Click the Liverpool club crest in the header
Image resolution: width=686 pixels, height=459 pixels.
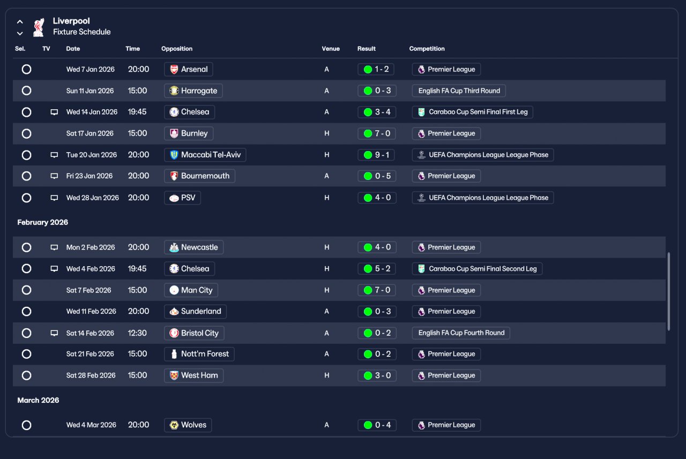tap(39, 27)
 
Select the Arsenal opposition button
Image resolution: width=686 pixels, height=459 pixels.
tap(188, 69)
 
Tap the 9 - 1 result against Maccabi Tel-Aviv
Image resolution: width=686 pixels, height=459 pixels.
tap(376, 155)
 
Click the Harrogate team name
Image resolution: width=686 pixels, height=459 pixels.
tap(199, 91)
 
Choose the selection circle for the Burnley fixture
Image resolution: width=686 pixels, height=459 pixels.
tap(27, 133)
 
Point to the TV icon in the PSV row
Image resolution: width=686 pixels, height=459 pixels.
tap(54, 198)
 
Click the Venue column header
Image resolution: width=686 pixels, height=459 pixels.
tap(331, 49)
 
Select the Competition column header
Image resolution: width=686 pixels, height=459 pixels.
tap(427, 49)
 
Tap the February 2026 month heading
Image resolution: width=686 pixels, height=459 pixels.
tap(42, 222)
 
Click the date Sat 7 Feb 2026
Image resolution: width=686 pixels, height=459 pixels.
tap(89, 290)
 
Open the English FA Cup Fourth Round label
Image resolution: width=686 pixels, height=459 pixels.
tap(461, 333)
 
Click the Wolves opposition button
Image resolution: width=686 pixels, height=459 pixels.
tap(188, 425)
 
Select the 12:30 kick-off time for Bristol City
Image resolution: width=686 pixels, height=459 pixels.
tap(137, 333)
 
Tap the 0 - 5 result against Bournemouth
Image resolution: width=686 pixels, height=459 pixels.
tap(377, 176)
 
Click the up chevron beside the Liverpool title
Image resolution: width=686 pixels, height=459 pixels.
tap(20, 22)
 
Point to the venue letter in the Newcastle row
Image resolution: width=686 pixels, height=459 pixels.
tap(327, 247)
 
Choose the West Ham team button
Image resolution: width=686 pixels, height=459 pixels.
tap(194, 375)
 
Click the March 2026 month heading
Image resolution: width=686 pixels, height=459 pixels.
tap(38, 400)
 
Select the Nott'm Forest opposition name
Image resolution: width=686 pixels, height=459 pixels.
tap(205, 354)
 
